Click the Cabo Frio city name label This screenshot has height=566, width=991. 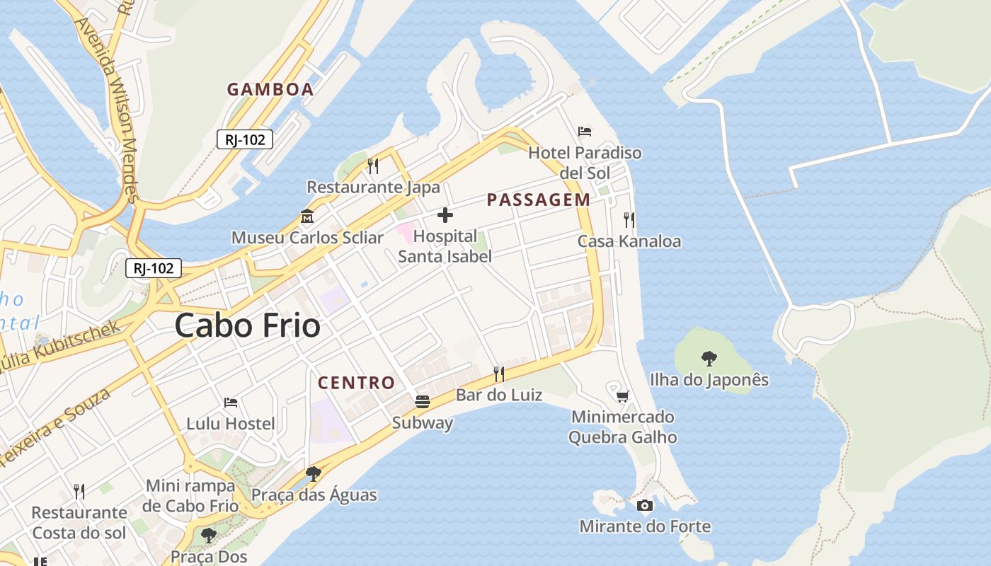pos(247,326)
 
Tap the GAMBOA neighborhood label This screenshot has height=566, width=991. pos(270,89)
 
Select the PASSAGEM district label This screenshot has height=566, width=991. pos(538,200)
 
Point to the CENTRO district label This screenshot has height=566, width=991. pos(356,383)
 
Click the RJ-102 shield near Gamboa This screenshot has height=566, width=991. pos(245,139)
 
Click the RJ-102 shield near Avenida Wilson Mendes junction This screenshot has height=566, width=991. pos(154,268)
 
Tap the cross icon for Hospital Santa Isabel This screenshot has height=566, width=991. pos(445,215)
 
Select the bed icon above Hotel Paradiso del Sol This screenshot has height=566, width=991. pos(585,132)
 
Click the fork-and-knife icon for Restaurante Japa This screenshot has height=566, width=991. pos(373,166)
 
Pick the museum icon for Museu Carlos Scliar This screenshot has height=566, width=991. pos(307,216)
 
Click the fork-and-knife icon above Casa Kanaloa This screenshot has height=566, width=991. pos(629,220)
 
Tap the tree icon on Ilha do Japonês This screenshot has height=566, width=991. pos(709,359)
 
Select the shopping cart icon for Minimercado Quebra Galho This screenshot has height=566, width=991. pos(622,396)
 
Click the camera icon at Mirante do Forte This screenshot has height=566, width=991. pos(644,505)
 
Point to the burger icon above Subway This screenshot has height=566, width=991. pos(423,402)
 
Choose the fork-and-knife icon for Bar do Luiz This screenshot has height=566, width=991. pos(499,374)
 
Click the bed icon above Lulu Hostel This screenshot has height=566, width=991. pos(231,403)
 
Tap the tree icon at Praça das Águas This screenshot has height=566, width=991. pos(314,474)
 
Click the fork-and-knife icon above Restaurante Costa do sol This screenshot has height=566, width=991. pos(79,491)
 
